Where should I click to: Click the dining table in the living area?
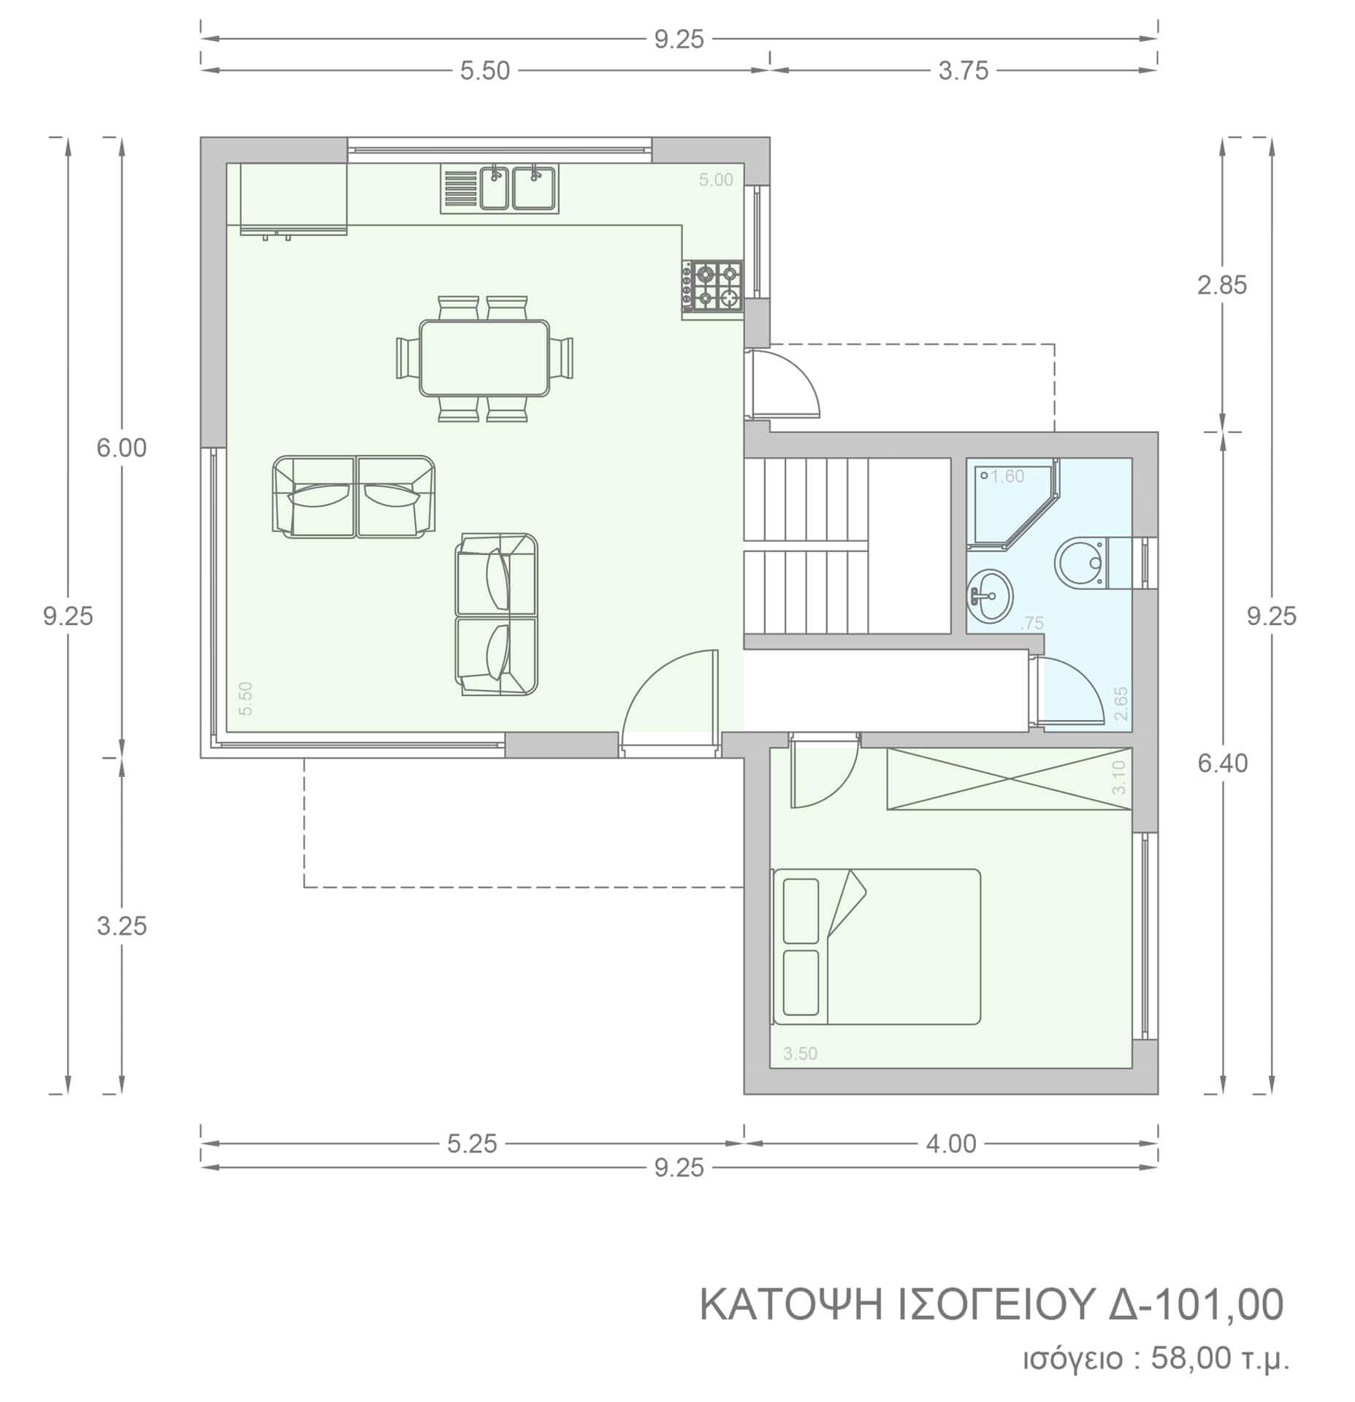pyautogui.click(x=484, y=358)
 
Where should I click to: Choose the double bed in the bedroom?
pyautogui.click(x=877, y=946)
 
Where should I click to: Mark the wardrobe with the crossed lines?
pyautogui.click(x=1009, y=779)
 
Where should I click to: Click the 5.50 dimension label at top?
pyautogui.click(x=484, y=71)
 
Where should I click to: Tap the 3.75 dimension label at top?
pyautogui.click(x=963, y=71)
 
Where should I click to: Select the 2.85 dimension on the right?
pyautogui.click(x=1222, y=285)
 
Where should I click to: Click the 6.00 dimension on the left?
pyautogui.click(x=122, y=448)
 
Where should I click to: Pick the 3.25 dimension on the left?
pyautogui.click(x=122, y=926)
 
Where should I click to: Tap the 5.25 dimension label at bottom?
pyautogui.click(x=472, y=1144)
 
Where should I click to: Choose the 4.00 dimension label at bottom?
pyautogui.click(x=951, y=1144)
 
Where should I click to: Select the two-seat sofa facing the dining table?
pyautogui.click(x=354, y=497)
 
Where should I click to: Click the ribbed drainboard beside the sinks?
pyautogui.click(x=459, y=188)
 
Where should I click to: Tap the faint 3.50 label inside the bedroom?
pyautogui.click(x=800, y=1054)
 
